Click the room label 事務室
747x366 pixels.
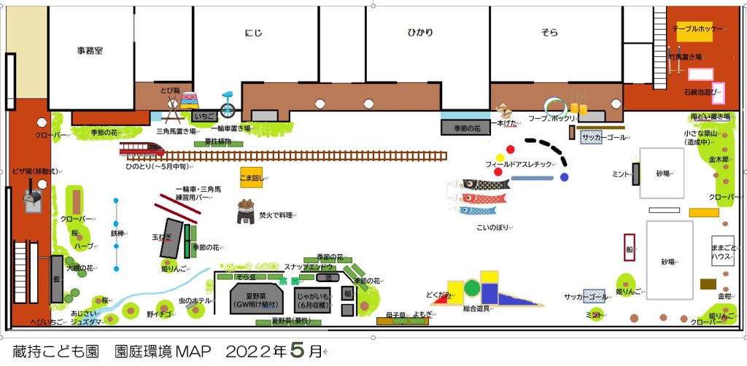(90, 51)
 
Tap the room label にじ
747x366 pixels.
(252, 33)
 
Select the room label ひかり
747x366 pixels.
(419, 33)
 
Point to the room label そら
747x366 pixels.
(549, 33)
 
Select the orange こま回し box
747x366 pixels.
(252, 176)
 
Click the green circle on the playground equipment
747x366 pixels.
(472, 288)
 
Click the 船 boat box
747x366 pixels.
(629, 248)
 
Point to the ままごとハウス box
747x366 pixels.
(722, 252)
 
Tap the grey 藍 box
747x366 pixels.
(56, 279)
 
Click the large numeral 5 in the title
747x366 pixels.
(295, 351)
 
